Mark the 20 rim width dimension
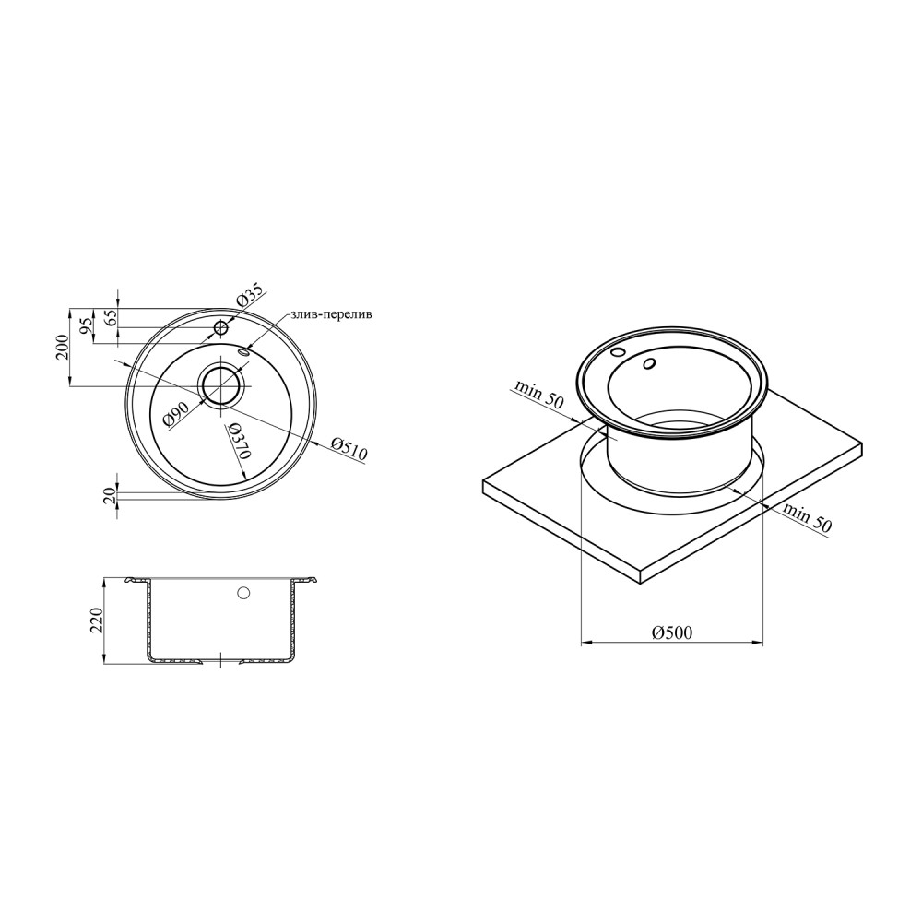click(110, 496)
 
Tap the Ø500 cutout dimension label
click(672, 632)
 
